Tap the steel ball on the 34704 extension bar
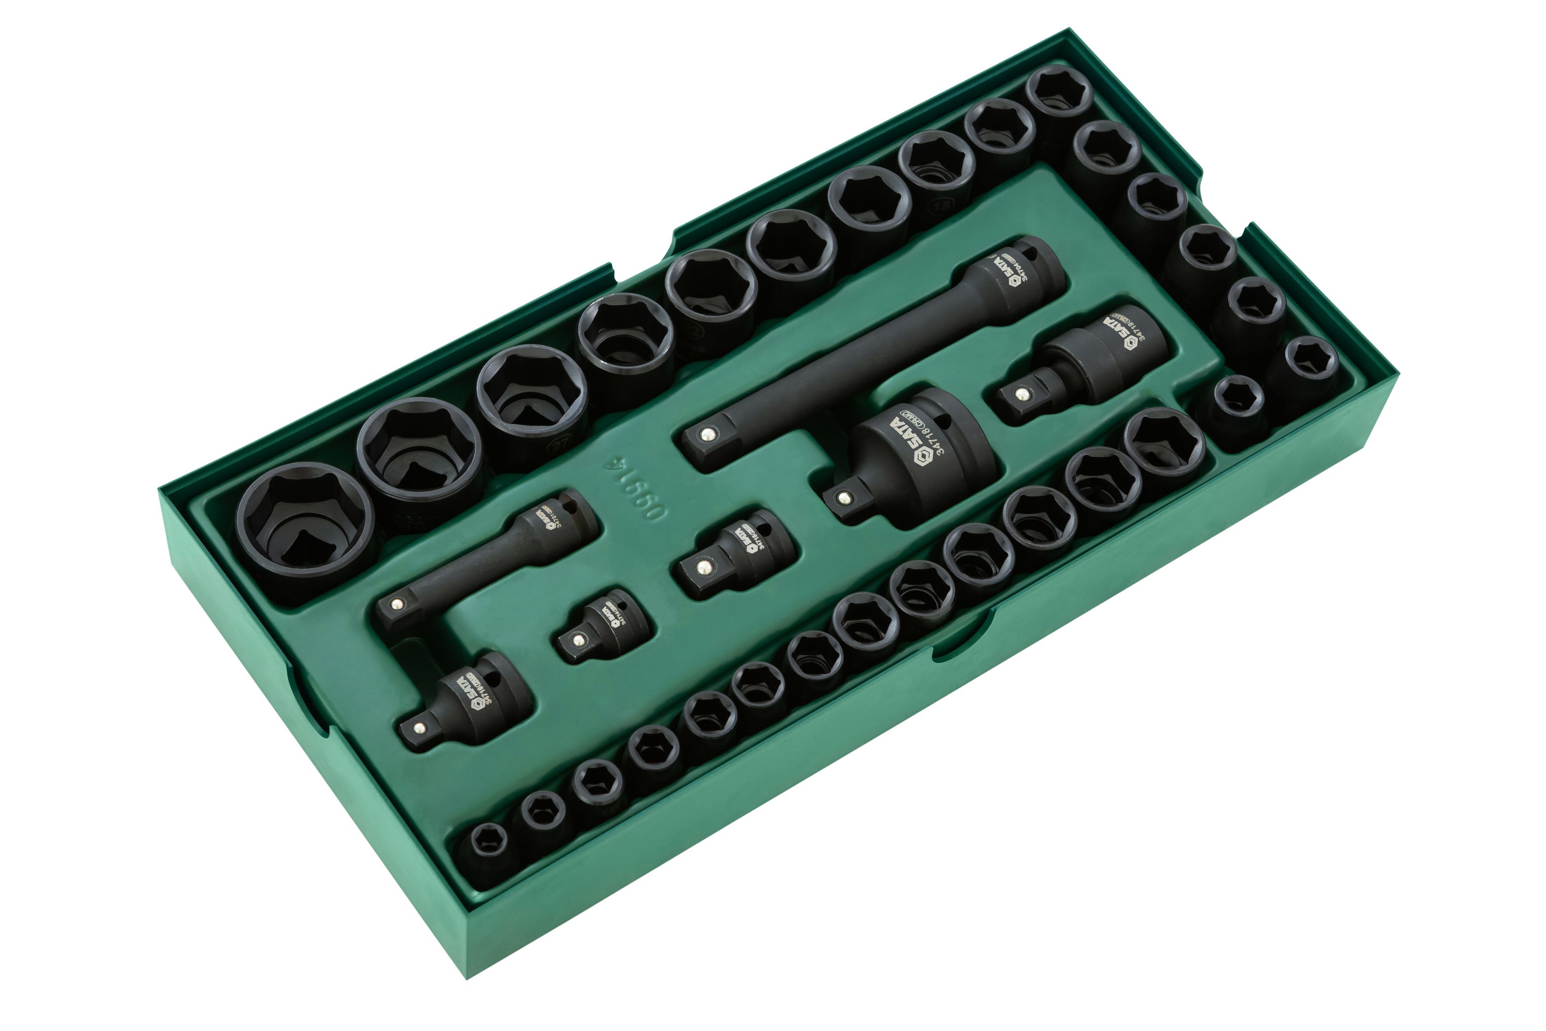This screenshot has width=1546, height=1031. click(x=706, y=434)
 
